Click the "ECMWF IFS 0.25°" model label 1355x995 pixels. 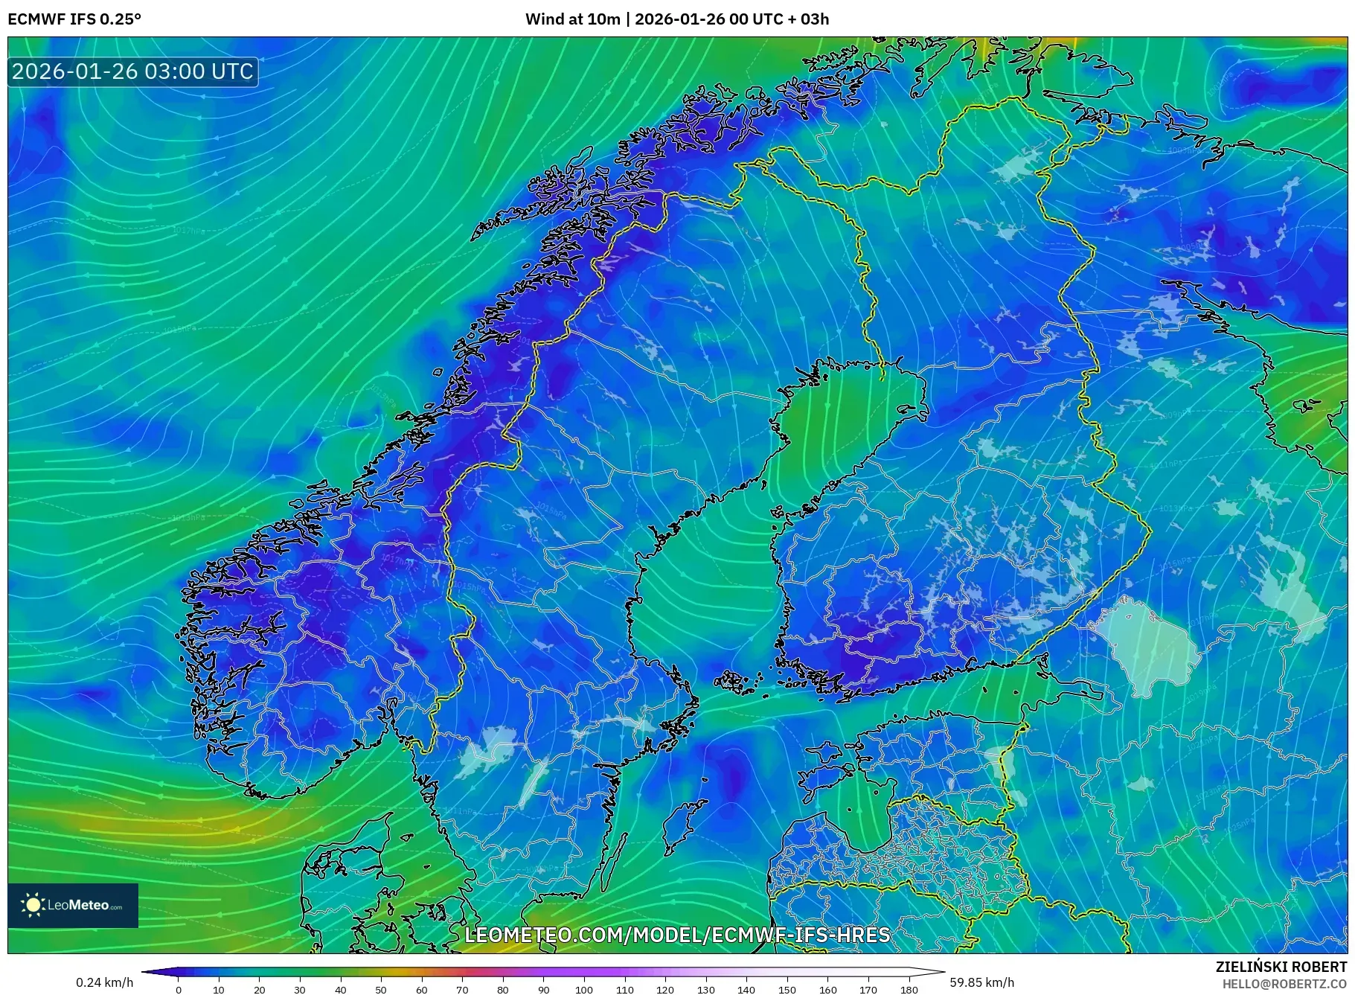point(74,19)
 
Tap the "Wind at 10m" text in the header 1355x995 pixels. point(572,19)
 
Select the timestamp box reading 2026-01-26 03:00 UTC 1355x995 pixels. point(132,71)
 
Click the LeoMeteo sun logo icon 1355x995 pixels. point(33,904)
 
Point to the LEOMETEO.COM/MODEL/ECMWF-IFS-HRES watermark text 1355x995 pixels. point(677,935)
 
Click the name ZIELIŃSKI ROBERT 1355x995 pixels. point(1281,967)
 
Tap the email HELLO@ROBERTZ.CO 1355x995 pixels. point(1284,983)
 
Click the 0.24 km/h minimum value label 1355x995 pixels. point(104,982)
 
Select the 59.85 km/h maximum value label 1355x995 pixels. point(981,982)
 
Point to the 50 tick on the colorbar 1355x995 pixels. point(381,990)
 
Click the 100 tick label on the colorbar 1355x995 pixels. point(584,990)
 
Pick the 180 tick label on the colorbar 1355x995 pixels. point(909,990)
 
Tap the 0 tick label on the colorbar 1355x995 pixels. point(179,990)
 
